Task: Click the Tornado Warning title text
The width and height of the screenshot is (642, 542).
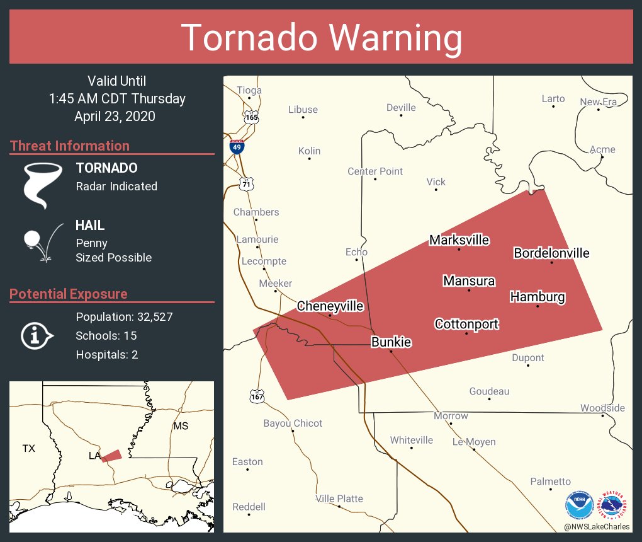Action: click(x=322, y=37)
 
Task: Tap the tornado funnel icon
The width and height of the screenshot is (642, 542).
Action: click(x=43, y=185)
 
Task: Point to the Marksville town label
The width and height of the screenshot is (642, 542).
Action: click(x=459, y=240)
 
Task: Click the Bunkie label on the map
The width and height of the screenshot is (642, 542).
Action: click(x=391, y=342)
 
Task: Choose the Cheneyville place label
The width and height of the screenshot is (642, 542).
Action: click(x=330, y=306)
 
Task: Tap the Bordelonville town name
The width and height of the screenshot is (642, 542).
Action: click(x=551, y=253)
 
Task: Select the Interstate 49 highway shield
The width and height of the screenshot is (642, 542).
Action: click(x=237, y=147)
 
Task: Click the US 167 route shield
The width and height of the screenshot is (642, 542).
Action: click(x=256, y=396)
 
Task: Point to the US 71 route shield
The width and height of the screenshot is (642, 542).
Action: click(x=245, y=183)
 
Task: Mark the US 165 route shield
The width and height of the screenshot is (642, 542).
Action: click(x=252, y=117)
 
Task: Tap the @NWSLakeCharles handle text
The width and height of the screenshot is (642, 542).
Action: click(x=596, y=526)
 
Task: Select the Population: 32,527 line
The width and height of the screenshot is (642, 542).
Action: click(x=124, y=316)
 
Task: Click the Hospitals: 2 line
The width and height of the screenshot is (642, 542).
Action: click(x=106, y=354)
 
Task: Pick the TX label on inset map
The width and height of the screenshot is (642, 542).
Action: click(x=29, y=449)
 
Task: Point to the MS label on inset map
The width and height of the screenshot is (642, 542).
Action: click(x=181, y=427)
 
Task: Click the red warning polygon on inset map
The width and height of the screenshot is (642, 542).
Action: click(x=112, y=455)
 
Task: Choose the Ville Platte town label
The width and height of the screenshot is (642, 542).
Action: click(x=339, y=499)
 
